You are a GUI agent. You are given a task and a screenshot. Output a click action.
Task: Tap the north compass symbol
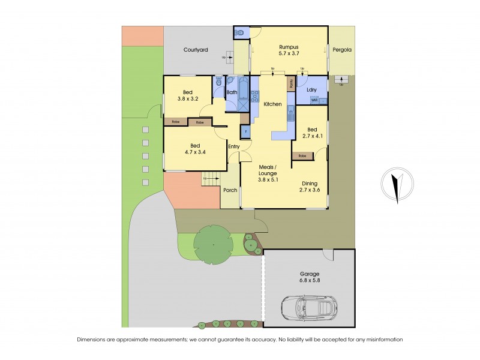[395, 184]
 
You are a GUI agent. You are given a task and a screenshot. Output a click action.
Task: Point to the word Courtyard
[196, 50]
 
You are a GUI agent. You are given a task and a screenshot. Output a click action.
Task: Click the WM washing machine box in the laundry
[314, 100]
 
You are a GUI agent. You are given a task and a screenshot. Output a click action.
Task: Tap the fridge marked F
[245, 131]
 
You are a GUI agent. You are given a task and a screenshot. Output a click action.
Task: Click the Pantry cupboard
[292, 84]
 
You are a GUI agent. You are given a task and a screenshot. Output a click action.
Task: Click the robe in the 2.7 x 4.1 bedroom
[302, 156]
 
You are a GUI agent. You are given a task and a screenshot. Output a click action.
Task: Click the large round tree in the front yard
[213, 245]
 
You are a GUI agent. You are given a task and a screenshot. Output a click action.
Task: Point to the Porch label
[230, 191]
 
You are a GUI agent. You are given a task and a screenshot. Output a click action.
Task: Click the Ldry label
[311, 90]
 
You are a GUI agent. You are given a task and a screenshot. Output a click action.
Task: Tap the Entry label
[234, 146]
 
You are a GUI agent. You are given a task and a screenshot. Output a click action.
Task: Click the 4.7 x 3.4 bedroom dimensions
[196, 152]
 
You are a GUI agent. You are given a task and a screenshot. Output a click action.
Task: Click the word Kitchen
[272, 104]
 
